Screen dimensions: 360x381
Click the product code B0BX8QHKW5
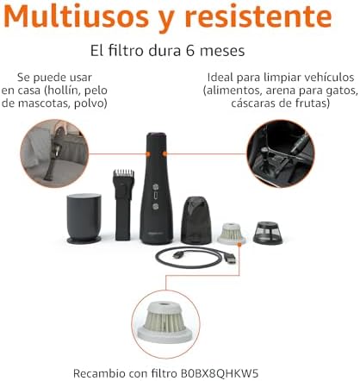[220, 373]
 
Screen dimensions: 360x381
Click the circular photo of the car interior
[281, 153]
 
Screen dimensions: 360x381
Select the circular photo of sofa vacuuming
[54, 153]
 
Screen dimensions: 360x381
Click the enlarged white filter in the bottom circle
[164, 322]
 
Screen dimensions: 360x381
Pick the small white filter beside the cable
[232, 233]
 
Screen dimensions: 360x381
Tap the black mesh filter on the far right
[268, 233]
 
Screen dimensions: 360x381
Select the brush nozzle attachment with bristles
[124, 205]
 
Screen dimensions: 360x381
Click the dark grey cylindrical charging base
[84, 219]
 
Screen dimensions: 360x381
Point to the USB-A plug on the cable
[230, 259]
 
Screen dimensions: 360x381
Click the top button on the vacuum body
[156, 187]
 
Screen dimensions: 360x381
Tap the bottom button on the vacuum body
[156, 206]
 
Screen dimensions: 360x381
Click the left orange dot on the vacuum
[148, 154]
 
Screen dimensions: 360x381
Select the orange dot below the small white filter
[239, 244]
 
